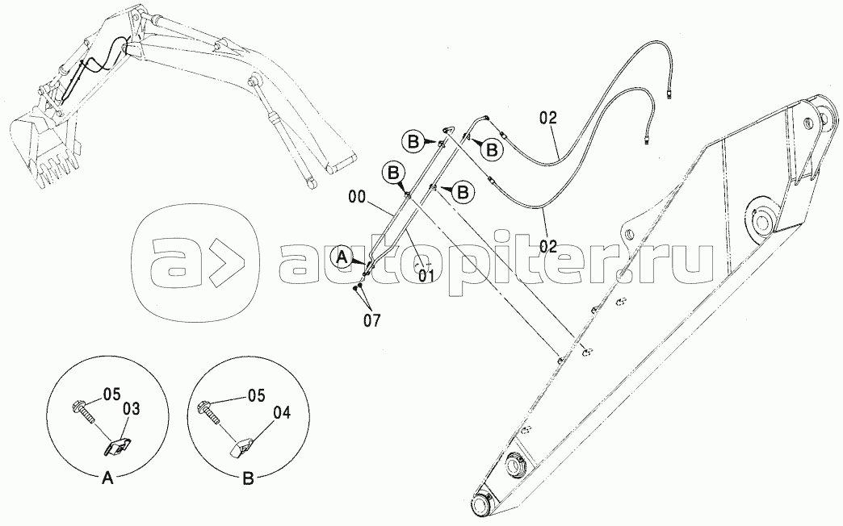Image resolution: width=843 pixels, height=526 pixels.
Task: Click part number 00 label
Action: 356,197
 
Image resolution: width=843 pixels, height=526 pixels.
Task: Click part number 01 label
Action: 426,276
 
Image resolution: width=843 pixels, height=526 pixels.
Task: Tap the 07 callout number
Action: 371,321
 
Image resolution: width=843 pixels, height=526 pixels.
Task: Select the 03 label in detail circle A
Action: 131,409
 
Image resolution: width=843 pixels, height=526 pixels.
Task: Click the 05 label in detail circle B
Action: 256,396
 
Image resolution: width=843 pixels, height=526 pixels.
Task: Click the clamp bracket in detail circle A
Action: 119,446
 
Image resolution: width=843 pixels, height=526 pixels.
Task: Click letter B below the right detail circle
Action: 248,479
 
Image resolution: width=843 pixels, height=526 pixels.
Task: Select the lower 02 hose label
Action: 547,247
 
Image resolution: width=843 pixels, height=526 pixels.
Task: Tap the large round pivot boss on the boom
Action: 761,218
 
